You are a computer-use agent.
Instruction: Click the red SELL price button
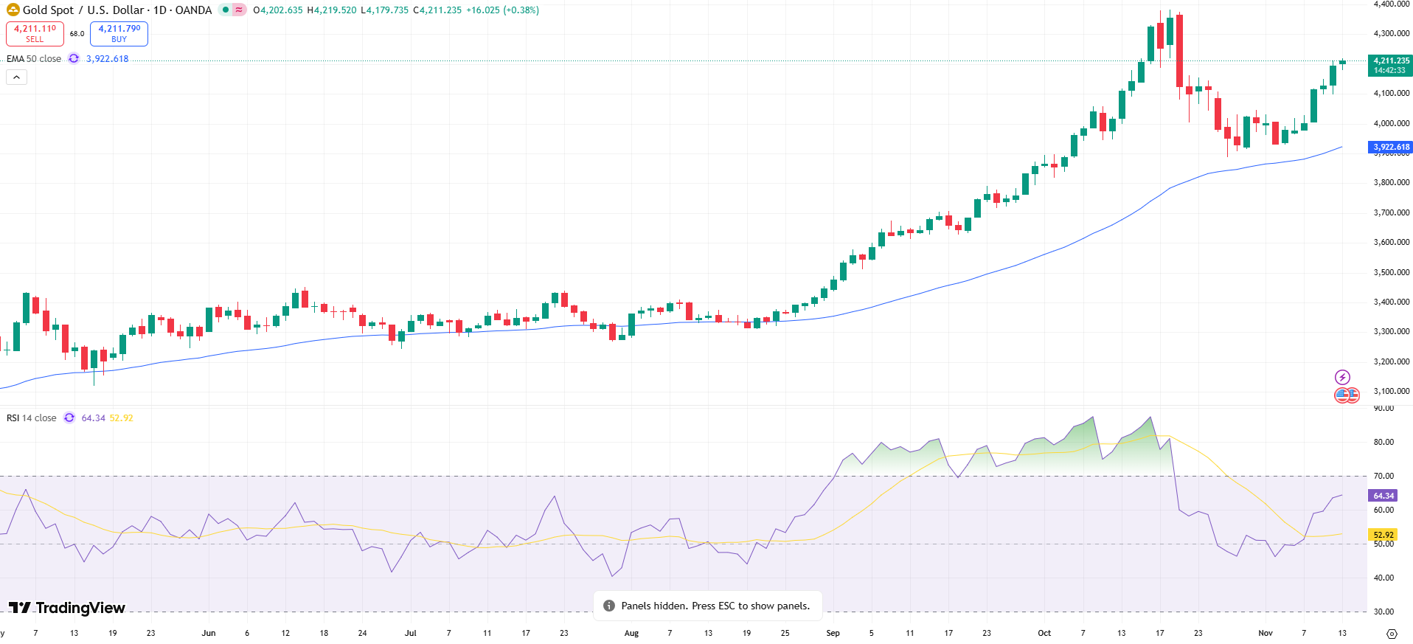tap(35, 33)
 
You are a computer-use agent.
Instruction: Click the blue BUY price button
tap(119, 33)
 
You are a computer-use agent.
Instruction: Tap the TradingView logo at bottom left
tap(67, 608)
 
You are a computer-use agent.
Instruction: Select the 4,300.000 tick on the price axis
tap(1391, 34)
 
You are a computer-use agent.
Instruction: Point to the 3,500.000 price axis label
tap(1391, 272)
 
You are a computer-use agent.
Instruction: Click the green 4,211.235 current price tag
tap(1390, 66)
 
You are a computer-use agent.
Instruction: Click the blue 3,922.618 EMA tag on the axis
tap(1391, 148)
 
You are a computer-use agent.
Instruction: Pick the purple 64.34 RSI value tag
tap(1383, 496)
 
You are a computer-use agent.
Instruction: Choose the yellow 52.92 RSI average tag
tap(1383, 535)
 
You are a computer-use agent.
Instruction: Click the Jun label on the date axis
tap(209, 633)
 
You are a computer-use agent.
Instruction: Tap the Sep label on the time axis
tap(833, 633)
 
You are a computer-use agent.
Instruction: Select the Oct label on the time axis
tap(1044, 633)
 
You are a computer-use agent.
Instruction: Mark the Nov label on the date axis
tap(1266, 633)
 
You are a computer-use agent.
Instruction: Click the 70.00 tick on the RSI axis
tap(1384, 476)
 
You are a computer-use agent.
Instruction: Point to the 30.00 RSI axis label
tap(1384, 612)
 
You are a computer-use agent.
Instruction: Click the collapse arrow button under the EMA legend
tap(16, 77)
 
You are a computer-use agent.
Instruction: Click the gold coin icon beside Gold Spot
tap(13, 10)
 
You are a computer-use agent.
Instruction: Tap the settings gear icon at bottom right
tap(1392, 634)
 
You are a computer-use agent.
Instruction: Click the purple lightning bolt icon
tap(1342, 377)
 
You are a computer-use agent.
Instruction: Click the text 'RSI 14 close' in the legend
tap(32, 418)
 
